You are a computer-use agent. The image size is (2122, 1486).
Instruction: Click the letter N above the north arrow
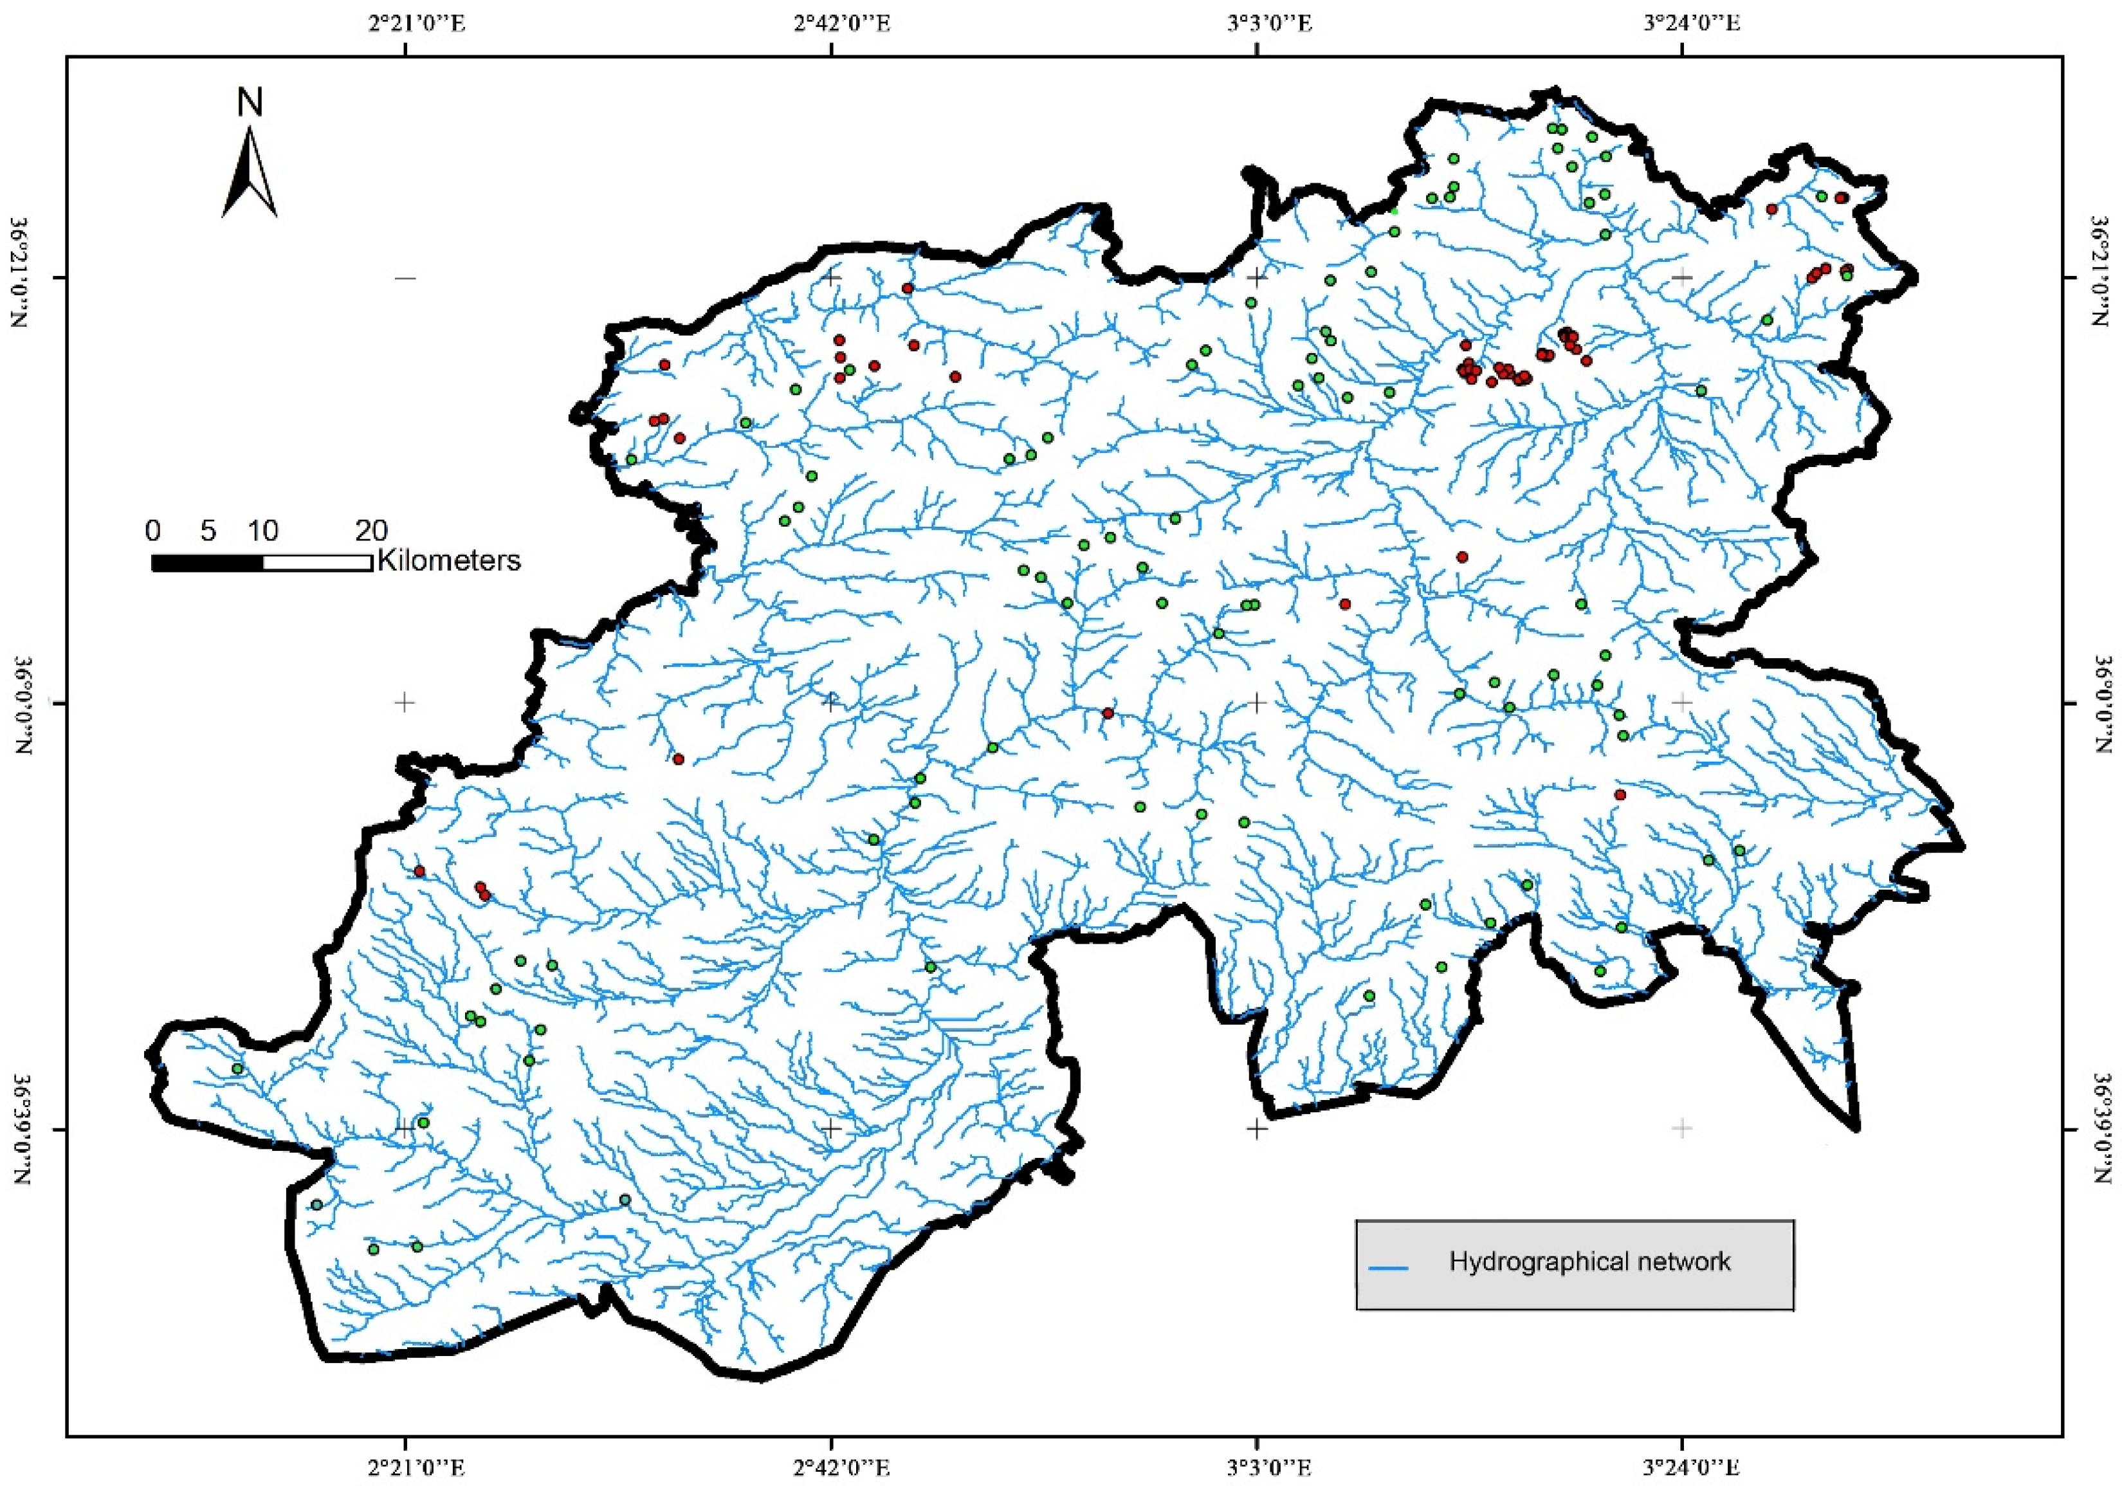pos(250,102)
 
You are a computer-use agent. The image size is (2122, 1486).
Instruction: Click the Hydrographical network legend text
pos(1589,1261)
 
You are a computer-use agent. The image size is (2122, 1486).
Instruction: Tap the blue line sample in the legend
pos(1387,1268)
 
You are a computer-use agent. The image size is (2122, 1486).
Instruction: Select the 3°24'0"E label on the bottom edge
pos(1682,1467)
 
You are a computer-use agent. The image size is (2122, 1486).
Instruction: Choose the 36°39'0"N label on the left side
pos(23,1129)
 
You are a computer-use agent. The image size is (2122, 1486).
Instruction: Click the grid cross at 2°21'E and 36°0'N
pos(404,702)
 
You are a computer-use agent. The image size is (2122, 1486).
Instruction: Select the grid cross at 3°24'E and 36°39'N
pos(1682,1128)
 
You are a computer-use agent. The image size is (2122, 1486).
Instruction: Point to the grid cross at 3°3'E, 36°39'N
pos(1256,1128)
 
